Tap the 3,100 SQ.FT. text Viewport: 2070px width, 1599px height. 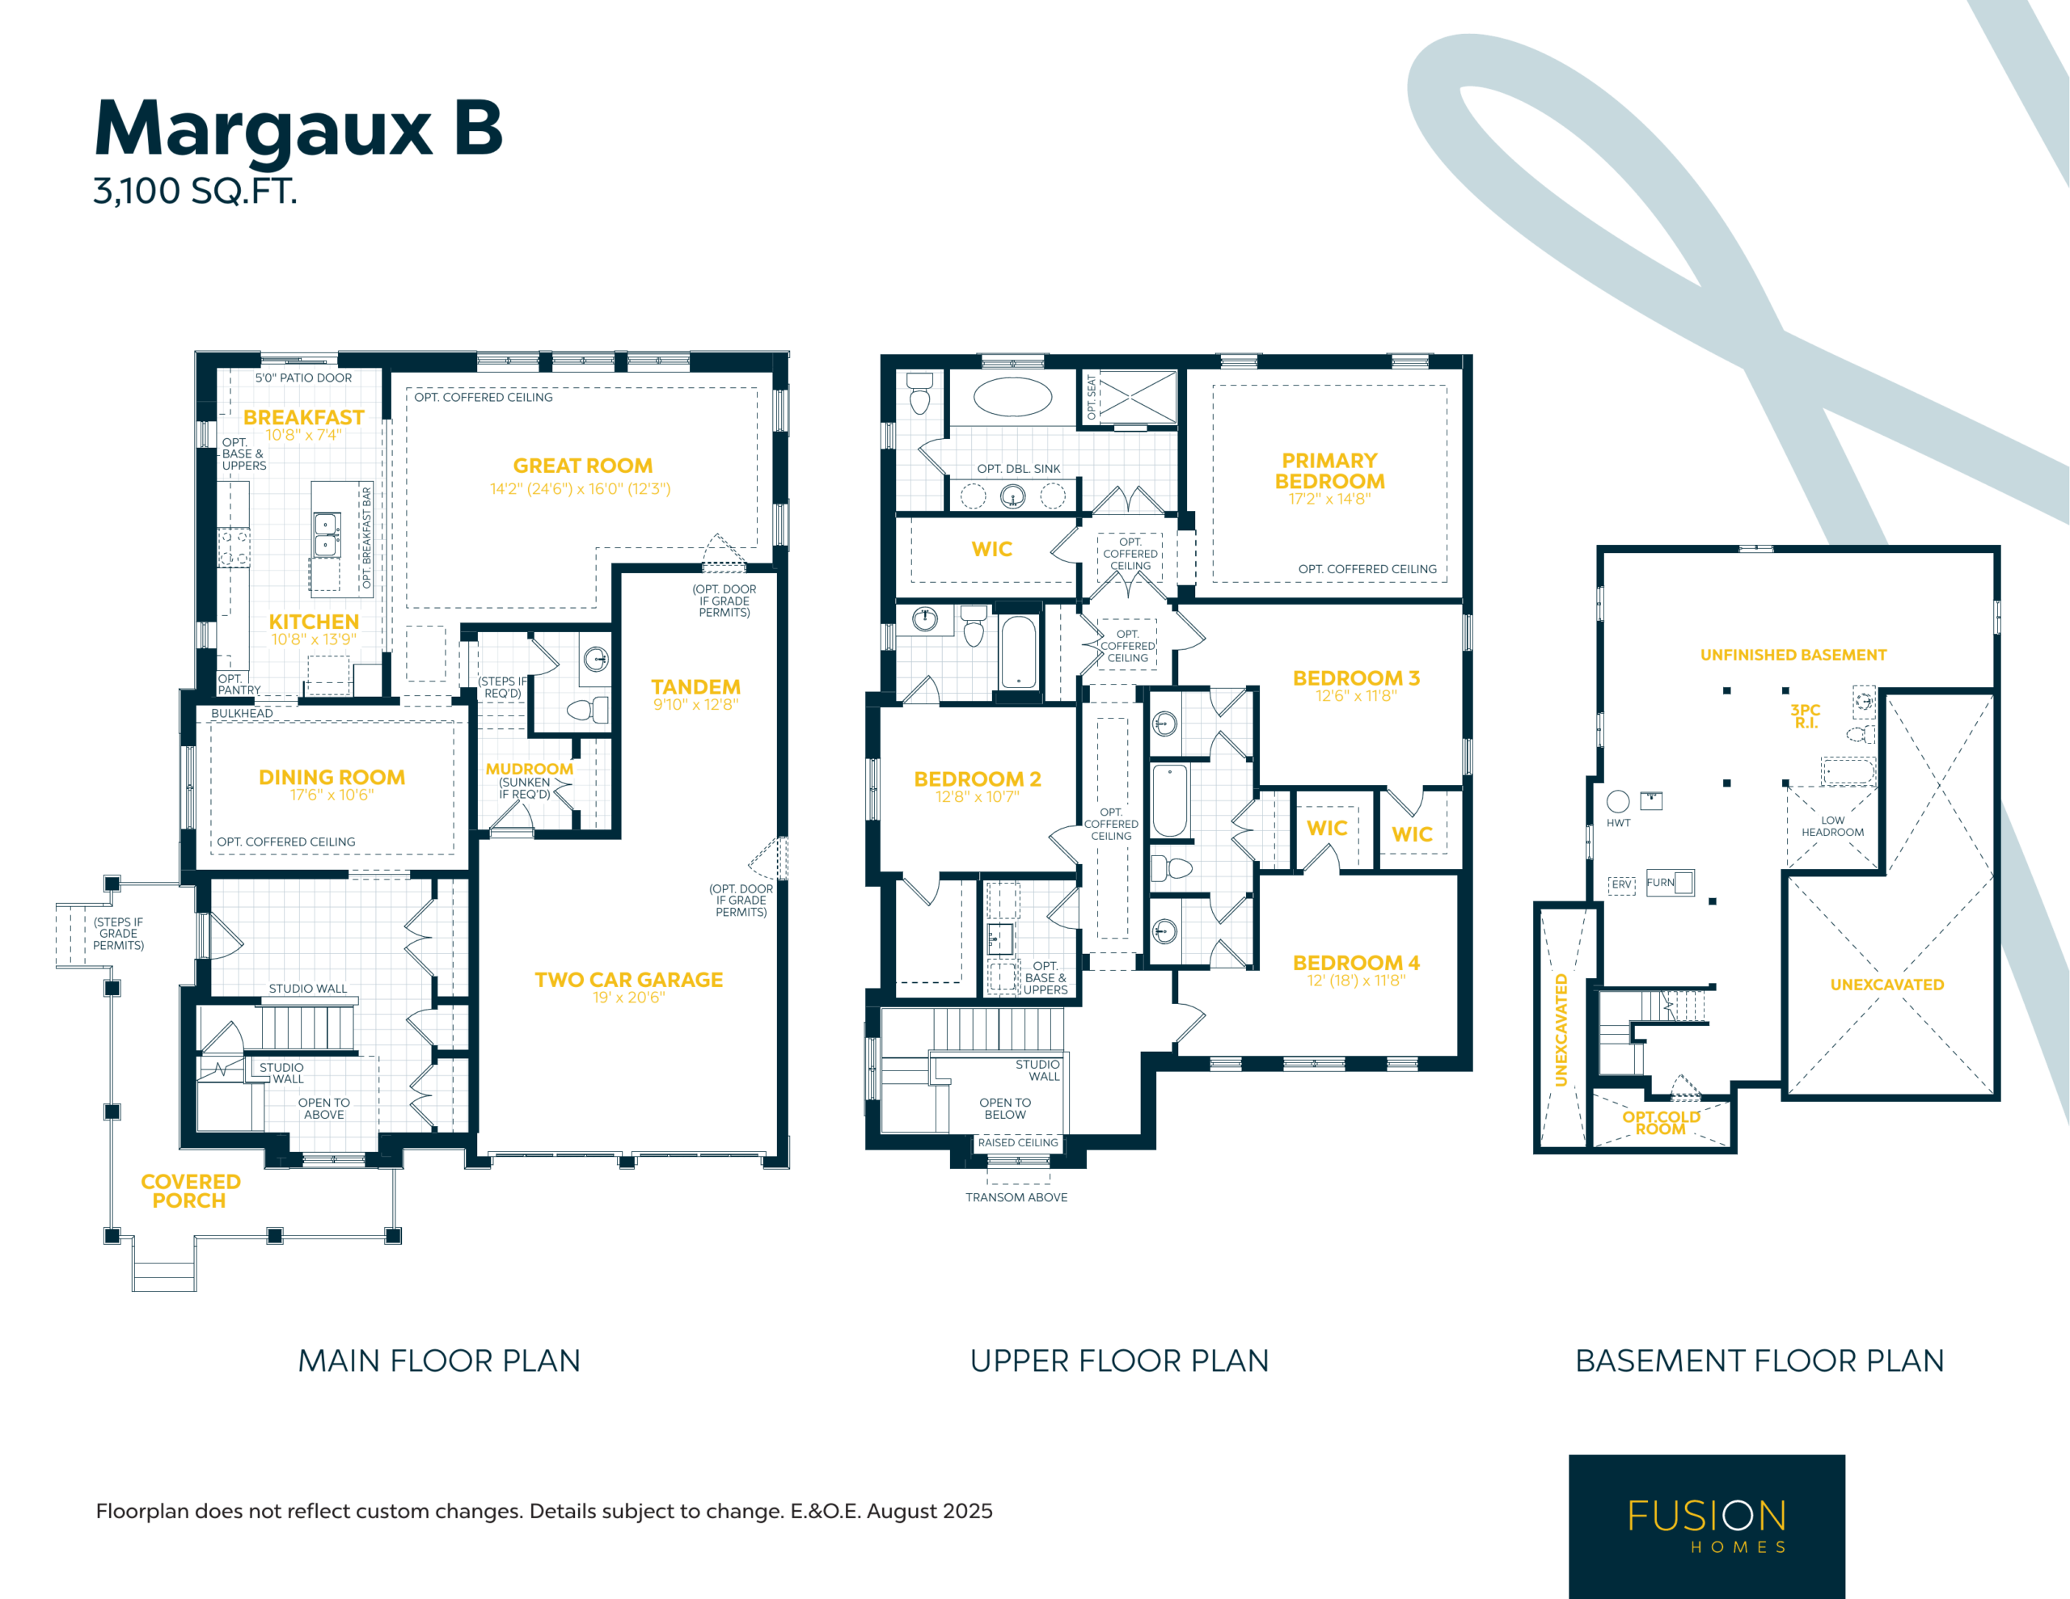(195, 192)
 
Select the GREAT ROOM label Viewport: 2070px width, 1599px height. (583, 466)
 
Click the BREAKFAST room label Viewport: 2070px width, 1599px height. (303, 417)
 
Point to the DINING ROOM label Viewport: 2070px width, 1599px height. (332, 777)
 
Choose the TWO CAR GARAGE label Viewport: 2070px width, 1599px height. (628, 980)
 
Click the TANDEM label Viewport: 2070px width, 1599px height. (695, 687)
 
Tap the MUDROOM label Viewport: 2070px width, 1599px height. (529, 769)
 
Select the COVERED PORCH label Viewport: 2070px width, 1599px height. (191, 1192)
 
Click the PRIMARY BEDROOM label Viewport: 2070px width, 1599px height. (1330, 471)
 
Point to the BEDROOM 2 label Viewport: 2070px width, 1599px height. (977, 779)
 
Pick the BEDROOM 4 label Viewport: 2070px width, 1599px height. (1356, 963)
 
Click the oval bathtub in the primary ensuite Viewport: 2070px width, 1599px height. (1012, 397)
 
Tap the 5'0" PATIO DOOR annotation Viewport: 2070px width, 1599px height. (303, 378)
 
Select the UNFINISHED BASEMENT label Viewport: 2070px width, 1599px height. (1793, 655)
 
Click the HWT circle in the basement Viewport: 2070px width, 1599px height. (1618, 801)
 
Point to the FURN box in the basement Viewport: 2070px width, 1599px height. (1670, 883)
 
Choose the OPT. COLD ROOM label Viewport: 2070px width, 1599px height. (1662, 1122)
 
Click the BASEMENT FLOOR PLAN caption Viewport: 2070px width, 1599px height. (1759, 1361)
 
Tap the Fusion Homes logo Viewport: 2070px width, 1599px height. (1707, 1526)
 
